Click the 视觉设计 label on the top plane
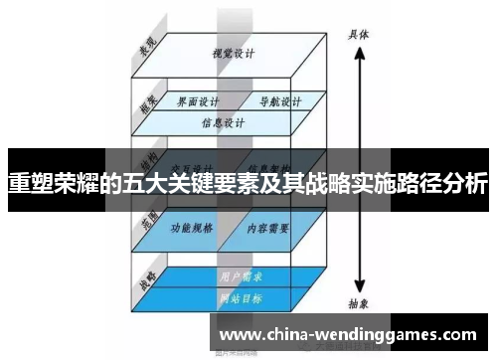point(228,53)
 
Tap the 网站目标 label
point(235,297)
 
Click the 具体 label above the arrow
point(359,33)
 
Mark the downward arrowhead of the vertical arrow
point(360,284)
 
